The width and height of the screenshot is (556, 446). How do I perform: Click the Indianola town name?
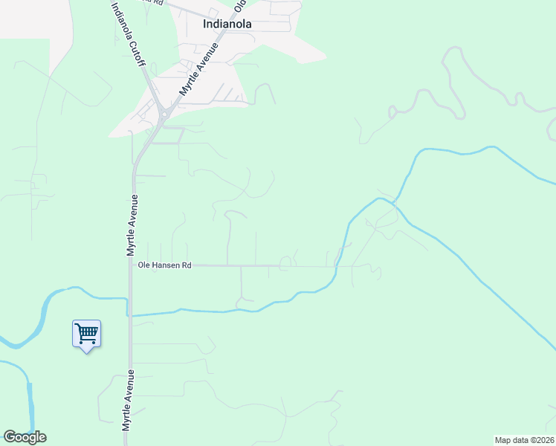[x=227, y=24]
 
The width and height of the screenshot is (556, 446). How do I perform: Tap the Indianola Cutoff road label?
[x=128, y=34]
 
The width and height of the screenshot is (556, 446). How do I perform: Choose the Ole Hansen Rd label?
[x=164, y=265]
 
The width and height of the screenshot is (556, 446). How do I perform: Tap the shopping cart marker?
[x=86, y=334]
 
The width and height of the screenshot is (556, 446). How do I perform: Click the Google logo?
[x=25, y=437]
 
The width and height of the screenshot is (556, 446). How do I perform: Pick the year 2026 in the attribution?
[x=543, y=440]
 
